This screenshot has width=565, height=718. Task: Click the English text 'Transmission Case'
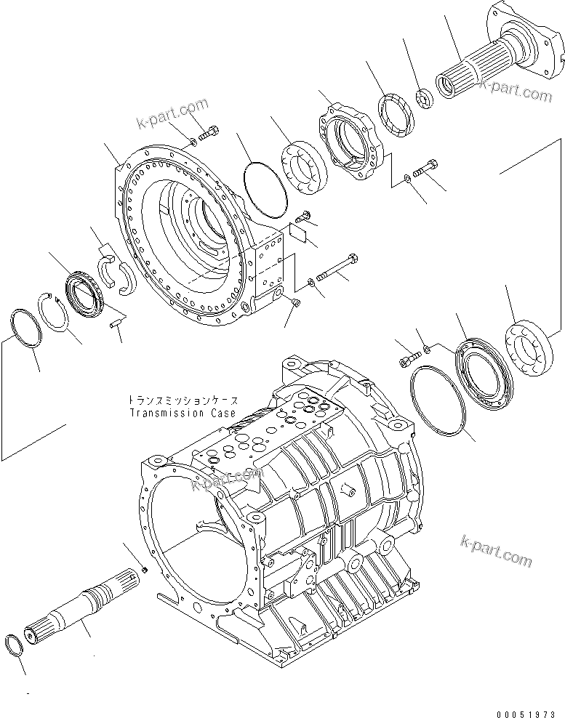[183, 413]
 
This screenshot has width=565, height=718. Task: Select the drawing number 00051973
[529, 709]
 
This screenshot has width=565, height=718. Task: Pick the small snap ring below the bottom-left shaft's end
[16, 642]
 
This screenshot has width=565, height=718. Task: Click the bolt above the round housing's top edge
[211, 133]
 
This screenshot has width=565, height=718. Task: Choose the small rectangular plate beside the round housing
[299, 231]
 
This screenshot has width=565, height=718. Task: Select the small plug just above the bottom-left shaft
[144, 570]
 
